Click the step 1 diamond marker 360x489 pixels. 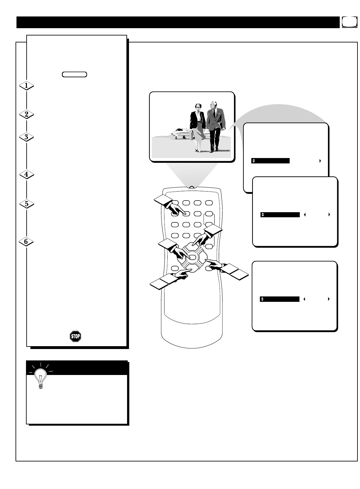(27, 86)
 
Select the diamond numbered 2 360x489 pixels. (27, 114)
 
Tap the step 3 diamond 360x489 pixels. (27, 137)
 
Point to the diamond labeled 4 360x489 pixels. (27, 175)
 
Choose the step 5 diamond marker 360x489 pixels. (27, 204)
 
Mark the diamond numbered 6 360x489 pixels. (27, 242)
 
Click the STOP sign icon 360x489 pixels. (75, 336)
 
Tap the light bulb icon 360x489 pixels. (40, 377)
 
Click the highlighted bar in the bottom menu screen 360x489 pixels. (280, 299)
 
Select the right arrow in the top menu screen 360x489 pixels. (320, 161)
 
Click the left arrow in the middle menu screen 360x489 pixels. (305, 215)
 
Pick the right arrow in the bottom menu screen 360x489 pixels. (329, 299)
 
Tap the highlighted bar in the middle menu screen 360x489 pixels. (280, 215)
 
